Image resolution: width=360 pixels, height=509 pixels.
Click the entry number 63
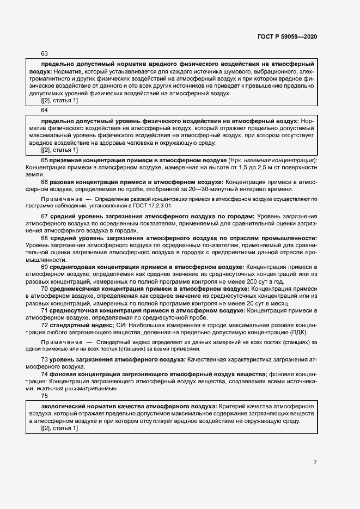[45, 53]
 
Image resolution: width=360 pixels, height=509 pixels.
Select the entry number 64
[45, 109]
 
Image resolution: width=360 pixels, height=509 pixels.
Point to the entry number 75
[45, 396]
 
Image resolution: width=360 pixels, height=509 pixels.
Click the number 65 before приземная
[45, 161]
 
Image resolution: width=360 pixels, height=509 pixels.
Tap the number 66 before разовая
[45, 182]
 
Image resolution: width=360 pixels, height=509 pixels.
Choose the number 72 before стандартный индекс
[45, 324]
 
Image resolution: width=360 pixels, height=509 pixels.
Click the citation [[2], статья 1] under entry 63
[59, 101]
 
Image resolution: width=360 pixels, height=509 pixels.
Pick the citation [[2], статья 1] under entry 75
[59, 428]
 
